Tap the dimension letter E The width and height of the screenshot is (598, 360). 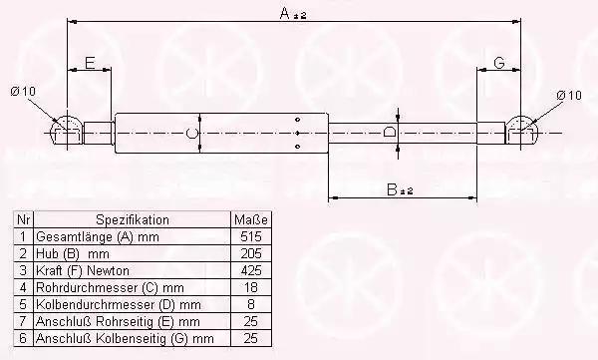point(90,63)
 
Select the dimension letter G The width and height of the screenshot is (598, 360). point(499,63)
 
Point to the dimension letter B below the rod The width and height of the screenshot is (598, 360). point(392,189)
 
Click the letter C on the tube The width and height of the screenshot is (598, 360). point(191,134)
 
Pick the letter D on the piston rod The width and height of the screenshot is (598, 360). point(389,133)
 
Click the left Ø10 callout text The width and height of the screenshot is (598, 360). point(23,91)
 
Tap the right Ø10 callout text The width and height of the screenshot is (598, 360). point(569,95)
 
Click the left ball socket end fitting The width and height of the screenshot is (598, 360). point(67,132)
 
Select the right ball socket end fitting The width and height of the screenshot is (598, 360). point(521,132)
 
